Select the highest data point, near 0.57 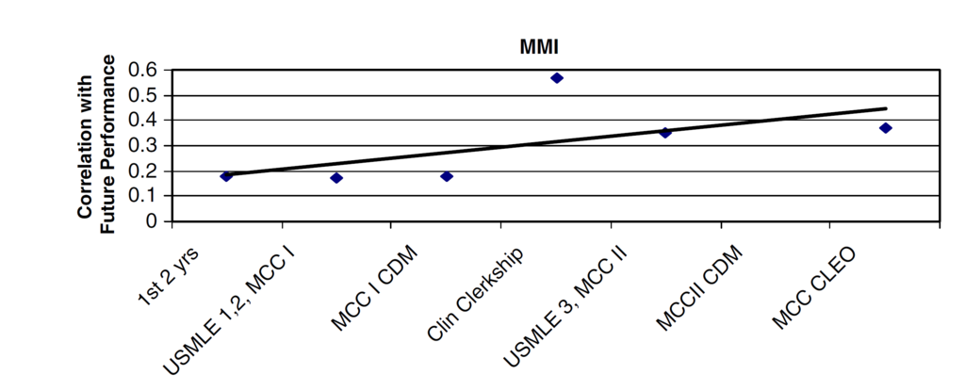click(557, 77)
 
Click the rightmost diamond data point click(886, 127)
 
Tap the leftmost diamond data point click(226, 176)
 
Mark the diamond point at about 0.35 click(665, 133)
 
